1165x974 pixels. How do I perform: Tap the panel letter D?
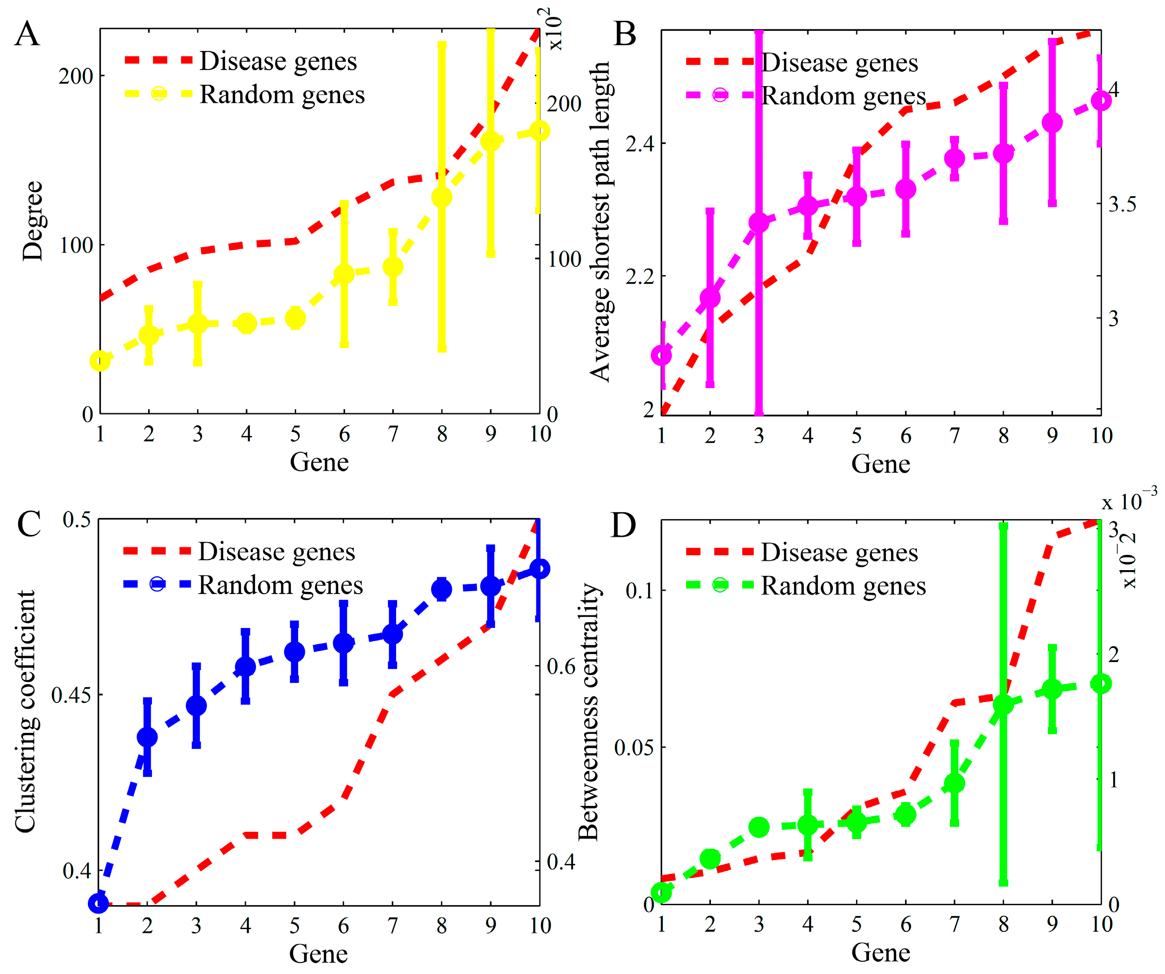(x=623, y=525)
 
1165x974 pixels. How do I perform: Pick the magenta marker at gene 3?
(x=759, y=223)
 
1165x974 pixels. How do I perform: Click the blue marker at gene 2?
(x=147, y=737)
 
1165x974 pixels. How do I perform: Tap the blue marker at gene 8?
(x=441, y=589)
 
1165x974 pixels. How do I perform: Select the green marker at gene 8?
(x=1003, y=705)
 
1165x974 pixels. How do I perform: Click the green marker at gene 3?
(x=759, y=827)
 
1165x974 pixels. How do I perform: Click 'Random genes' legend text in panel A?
(x=282, y=95)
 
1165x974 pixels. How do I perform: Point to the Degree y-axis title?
(x=32, y=221)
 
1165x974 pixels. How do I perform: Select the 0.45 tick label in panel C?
(x=71, y=695)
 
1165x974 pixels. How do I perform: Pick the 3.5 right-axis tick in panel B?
(x=1122, y=204)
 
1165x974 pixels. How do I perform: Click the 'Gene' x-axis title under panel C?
(x=318, y=954)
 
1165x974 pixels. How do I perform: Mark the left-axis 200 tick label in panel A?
(x=76, y=76)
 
